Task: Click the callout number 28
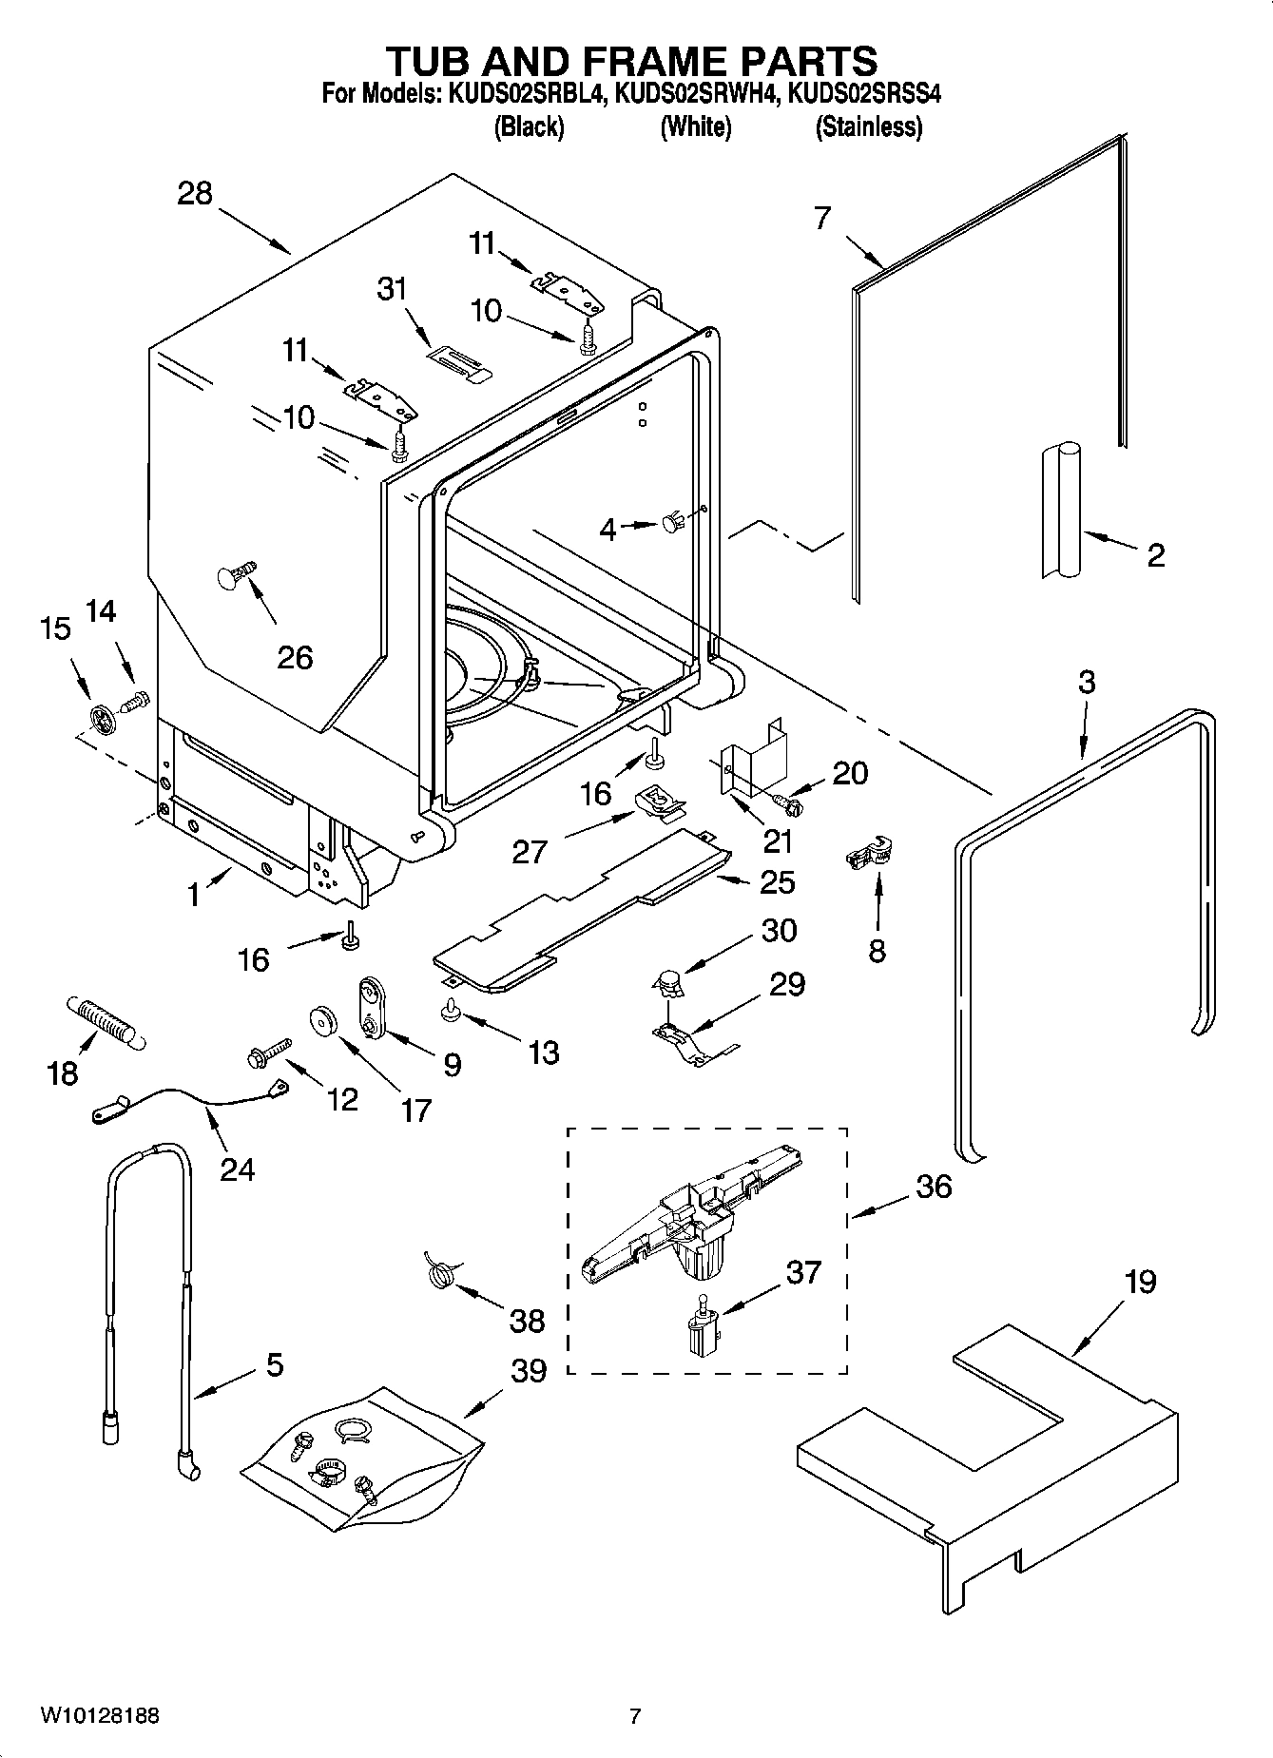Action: [x=195, y=194]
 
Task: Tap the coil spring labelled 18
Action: [x=103, y=1023]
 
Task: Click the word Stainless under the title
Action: [x=868, y=126]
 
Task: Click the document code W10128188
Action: [x=99, y=1715]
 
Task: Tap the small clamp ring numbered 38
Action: [x=439, y=1271]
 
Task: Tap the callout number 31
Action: [x=392, y=288]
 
